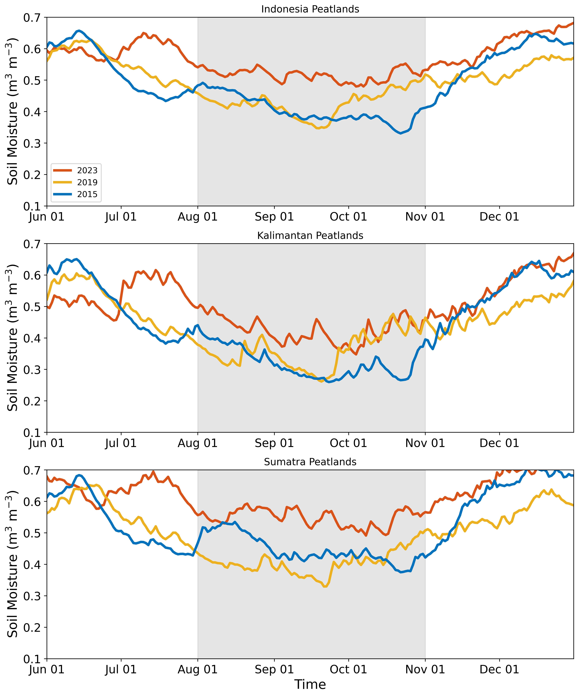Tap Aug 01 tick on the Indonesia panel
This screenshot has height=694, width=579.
(198, 217)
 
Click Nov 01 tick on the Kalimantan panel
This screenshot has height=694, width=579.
(425, 443)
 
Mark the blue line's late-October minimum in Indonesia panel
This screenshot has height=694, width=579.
(401, 133)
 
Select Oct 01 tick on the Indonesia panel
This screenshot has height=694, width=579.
(349, 217)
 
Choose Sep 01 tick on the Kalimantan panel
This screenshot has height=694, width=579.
(274, 443)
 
